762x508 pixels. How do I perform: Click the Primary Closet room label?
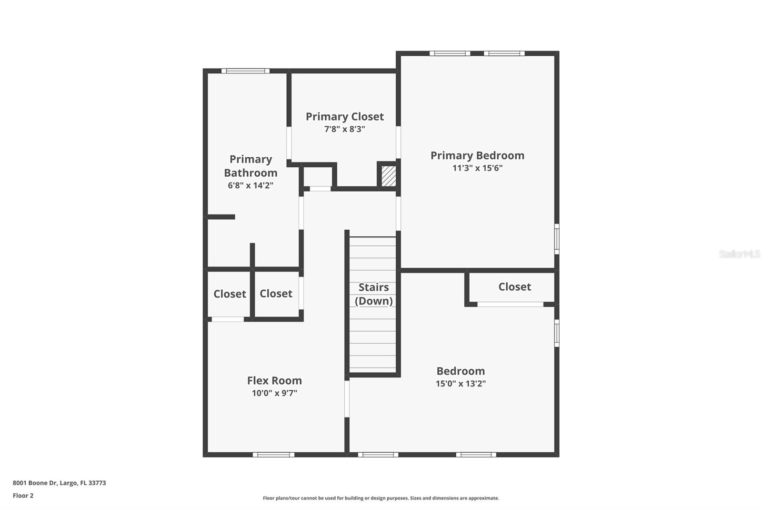coord(344,117)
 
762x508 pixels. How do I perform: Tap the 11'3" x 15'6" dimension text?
coord(477,168)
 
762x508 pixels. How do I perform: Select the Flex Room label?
coord(274,381)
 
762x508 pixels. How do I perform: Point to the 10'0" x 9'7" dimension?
coord(274,393)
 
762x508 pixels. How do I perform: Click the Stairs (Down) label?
coord(374,294)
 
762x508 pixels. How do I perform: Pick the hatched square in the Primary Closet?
coord(389,176)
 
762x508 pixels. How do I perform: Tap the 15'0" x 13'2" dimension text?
coord(461,384)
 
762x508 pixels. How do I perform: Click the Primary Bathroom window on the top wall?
coord(245,71)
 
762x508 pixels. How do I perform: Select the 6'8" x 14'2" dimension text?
coord(251,185)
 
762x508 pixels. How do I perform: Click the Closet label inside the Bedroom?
coord(514,287)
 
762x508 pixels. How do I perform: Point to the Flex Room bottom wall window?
coord(273,455)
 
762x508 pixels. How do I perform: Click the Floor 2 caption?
coord(23,496)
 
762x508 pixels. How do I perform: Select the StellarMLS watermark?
coord(739,254)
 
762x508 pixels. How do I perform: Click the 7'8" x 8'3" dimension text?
coord(344,129)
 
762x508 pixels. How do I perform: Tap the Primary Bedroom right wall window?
coord(557,239)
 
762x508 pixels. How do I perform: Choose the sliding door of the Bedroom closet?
coord(510,304)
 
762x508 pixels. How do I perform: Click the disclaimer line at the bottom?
coord(381,498)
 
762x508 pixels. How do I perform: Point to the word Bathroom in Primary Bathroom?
coord(251,173)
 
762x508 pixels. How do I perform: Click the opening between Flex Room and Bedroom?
coord(347,398)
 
